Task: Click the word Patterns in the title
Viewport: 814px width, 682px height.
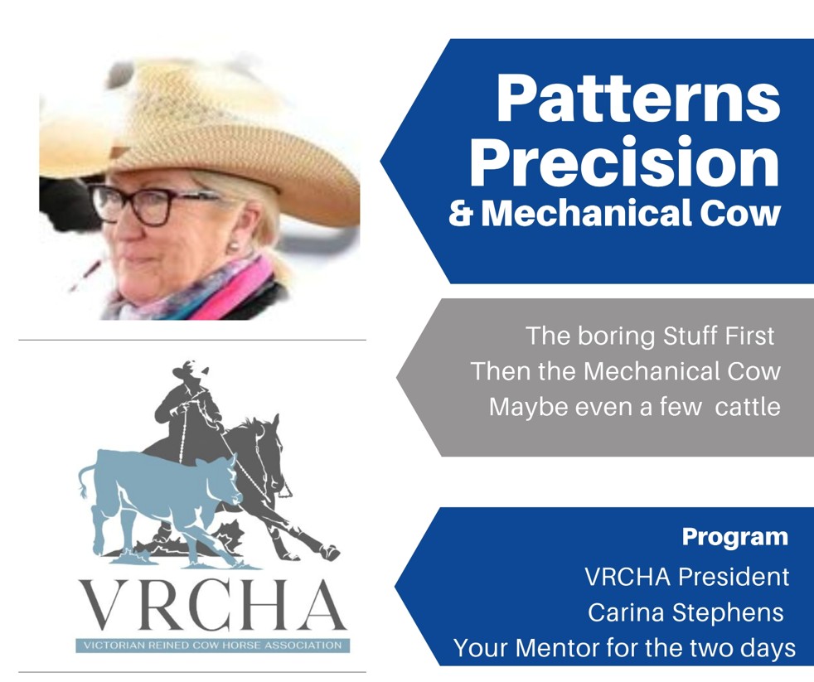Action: [x=638, y=98]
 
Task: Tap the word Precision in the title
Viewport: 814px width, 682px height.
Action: [x=625, y=162]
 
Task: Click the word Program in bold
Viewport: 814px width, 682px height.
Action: [x=734, y=537]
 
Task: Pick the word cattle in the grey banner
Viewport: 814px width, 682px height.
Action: [x=748, y=406]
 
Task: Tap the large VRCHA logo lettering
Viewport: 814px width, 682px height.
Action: [x=213, y=605]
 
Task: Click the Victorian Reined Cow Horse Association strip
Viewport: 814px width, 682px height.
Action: [x=213, y=646]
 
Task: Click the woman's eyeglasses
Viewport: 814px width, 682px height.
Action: [x=156, y=204]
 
